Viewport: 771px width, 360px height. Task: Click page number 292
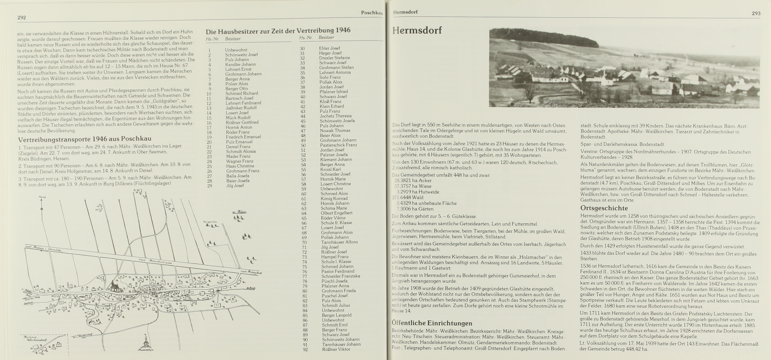point(22,17)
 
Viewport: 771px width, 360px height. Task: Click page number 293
point(756,13)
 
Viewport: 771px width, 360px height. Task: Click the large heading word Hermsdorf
point(417,30)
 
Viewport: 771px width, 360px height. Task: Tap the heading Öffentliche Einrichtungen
point(432,323)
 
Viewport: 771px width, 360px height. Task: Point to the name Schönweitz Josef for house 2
point(241,55)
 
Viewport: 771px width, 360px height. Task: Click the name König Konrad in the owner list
point(334,198)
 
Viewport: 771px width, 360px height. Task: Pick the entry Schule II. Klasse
point(336,223)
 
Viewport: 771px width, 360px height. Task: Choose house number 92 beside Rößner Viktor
point(305,349)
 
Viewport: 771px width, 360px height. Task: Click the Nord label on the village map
point(42,197)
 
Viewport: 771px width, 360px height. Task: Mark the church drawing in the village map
point(114,286)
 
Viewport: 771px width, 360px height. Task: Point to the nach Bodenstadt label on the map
point(251,273)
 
